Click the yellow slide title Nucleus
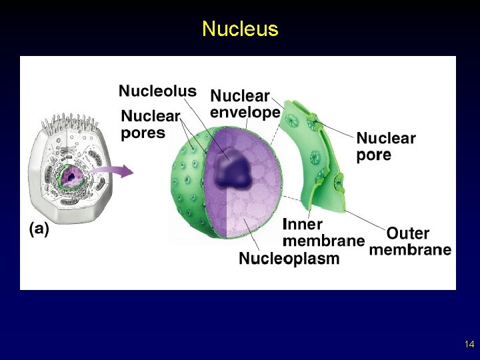pos(240,29)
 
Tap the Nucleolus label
pos(157,91)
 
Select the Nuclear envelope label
pos(245,104)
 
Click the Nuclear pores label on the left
pos(151,124)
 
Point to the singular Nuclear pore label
pos(386,147)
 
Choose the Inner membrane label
pos(323,232)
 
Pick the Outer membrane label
pos(410,242)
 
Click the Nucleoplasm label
pos(289,258)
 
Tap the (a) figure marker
pos(39,229)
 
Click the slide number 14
pos(469,345)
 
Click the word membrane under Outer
pos(410,250)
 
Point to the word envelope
pos(245,112)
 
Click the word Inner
pos(303,225)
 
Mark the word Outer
pos(408,233)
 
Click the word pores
pos(143,133)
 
